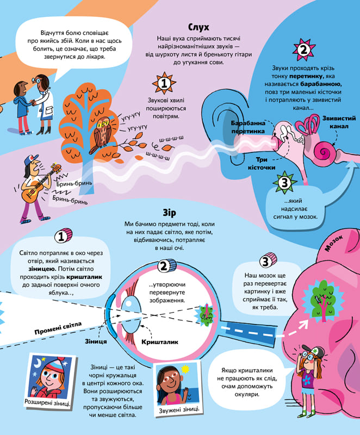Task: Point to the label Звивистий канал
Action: coord(338,122)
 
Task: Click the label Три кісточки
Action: coord(269,164)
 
